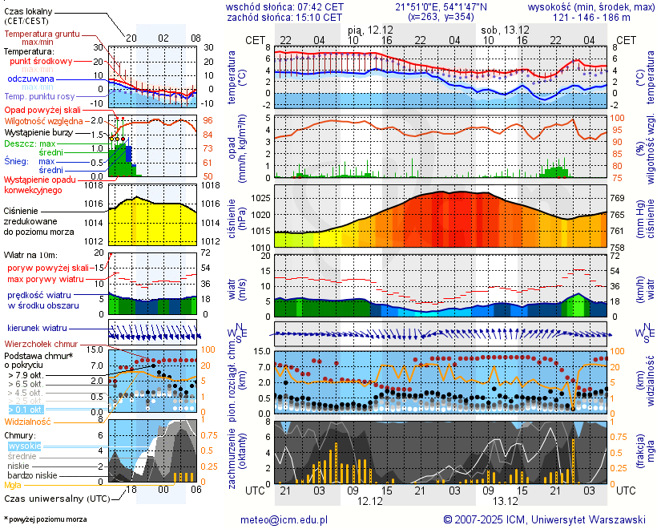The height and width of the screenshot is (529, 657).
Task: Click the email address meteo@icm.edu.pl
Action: click(284, 519)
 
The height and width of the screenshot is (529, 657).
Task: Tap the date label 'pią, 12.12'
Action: click(370, 29)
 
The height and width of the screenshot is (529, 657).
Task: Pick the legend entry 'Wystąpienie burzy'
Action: click(42, 131)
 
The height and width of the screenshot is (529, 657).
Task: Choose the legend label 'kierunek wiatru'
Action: click(37, 329)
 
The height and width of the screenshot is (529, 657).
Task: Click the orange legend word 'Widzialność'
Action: click(27, 421)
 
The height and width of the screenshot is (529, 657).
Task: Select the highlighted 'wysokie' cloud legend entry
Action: click(24, 446)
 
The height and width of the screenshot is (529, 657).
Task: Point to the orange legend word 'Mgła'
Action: click(13, 485)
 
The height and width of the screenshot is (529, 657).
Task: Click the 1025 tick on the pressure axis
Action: click(260, 197)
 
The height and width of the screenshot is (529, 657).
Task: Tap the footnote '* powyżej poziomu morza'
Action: click(45, 519)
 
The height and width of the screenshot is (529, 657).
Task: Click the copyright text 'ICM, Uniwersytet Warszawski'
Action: click(577, 519)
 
